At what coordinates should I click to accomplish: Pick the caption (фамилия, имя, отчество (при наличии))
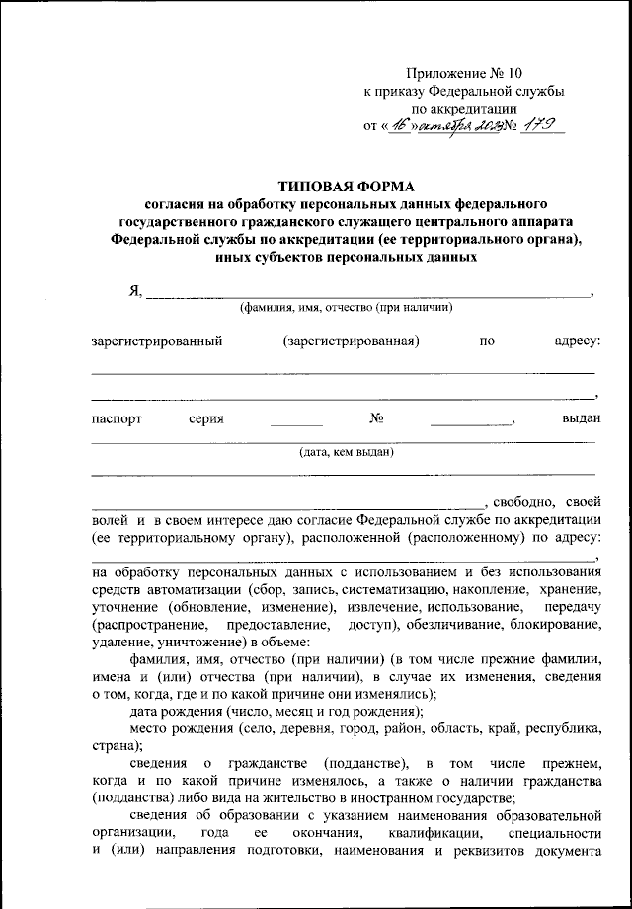pos(346,308)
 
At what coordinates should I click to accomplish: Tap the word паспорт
pos(118,418)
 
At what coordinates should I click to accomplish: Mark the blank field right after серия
pos(296,420)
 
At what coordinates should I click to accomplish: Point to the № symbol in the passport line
pos(375,418)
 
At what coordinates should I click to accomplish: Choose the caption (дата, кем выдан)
pos(347,453)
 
